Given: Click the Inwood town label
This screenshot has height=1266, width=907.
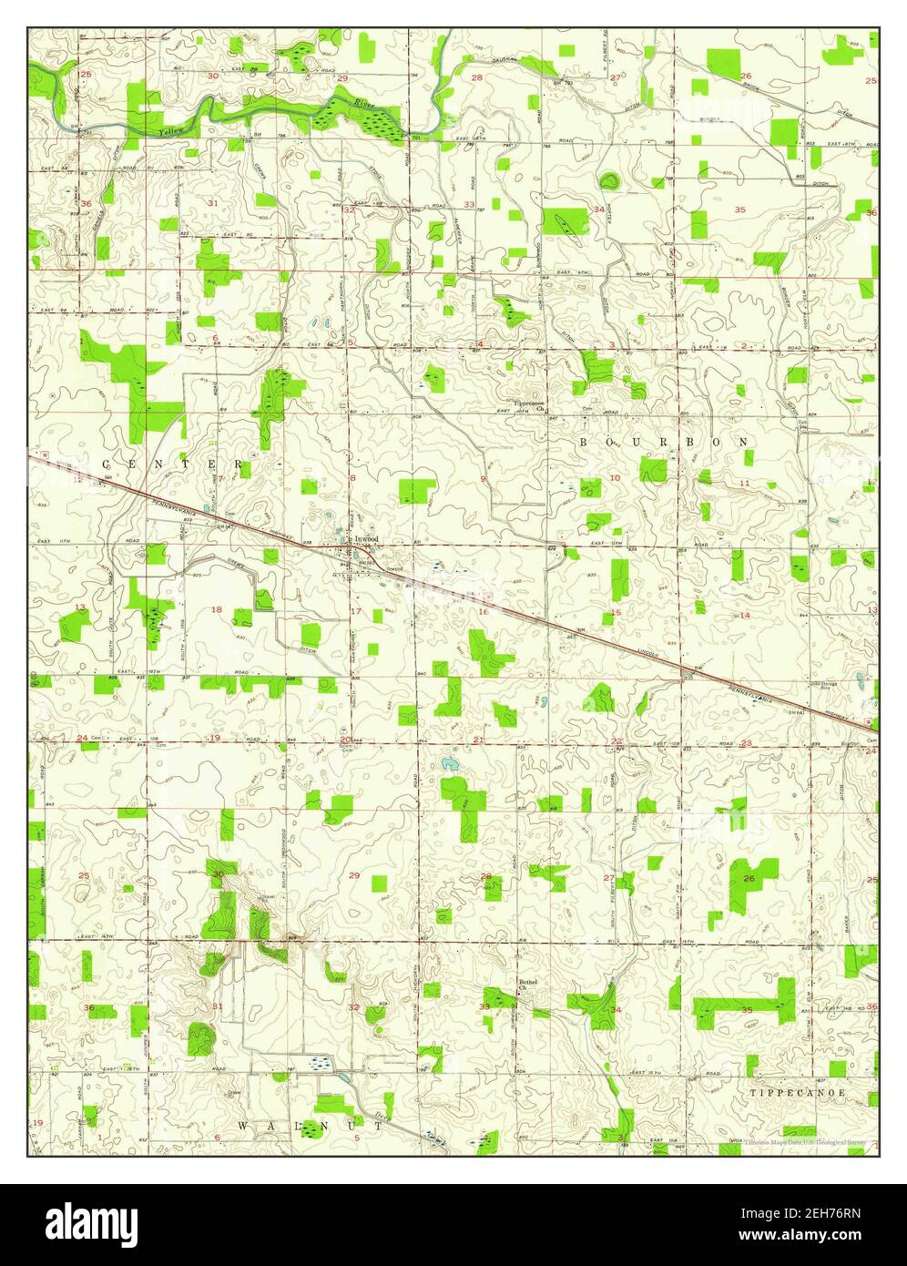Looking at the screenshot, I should click(366, 538).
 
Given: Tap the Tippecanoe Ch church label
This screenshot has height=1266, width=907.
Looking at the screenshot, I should click(528, 405).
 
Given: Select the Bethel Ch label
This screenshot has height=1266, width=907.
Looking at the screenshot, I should click(528, 985).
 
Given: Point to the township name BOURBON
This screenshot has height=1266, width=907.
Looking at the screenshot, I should click(665, 441).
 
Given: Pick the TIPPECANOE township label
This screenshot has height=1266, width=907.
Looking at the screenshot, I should click(798, 1091).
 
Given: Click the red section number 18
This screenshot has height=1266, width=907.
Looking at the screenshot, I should click(217, 609).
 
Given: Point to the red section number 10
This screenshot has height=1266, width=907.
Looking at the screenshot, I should click(615, 477).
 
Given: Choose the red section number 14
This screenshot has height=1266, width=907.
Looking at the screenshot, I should click(744, 615).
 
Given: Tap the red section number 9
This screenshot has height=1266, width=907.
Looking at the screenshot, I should click(483, 478).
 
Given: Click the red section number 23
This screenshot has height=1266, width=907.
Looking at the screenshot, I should click(746, 743).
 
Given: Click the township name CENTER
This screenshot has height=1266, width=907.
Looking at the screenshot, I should click(173, 464).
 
